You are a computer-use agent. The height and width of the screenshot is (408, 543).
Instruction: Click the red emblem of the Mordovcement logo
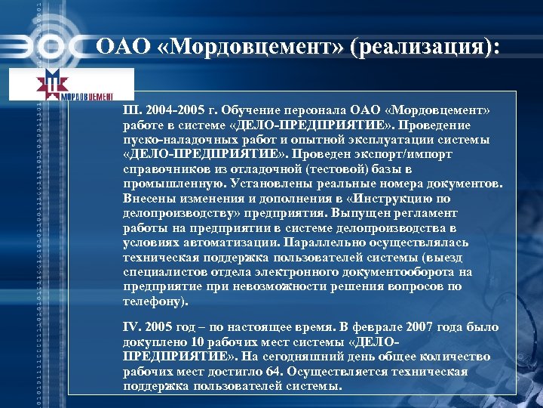(x=51, y=84)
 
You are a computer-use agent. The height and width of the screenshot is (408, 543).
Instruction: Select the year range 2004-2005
(x=176, y=111)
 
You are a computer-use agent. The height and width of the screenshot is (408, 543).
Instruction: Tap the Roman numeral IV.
(x=130, y=327)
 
